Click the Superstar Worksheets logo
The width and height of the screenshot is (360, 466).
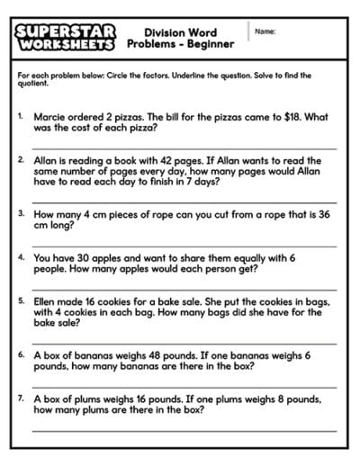point(65,37)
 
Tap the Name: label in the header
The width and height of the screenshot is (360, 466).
point(265,31)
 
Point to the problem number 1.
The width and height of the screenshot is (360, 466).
point(21,116)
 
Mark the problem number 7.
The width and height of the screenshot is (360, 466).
point(21,398)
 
